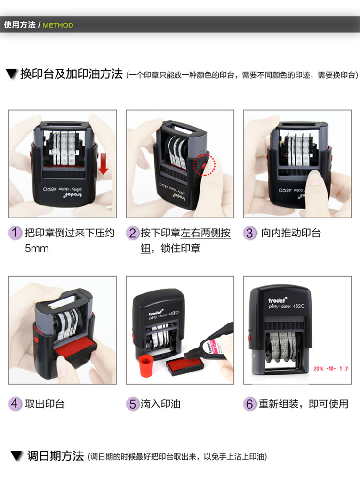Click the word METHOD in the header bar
58,25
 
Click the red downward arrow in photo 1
104,164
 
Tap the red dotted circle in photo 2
204,165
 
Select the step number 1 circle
15,233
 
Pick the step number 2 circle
132,234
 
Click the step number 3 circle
249,234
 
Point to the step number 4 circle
15,404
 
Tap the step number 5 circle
132,404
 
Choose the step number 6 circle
249,404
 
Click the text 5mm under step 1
37,249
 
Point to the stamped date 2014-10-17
331,369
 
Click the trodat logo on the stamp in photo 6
277,300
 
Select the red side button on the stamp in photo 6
250,338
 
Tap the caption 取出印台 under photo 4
45,404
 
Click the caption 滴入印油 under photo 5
160,404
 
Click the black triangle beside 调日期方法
16,456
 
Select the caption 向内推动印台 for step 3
291,233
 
